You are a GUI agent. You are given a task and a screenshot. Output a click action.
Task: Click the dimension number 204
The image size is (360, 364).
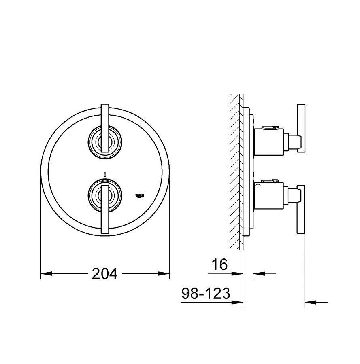click(x=104, y=274)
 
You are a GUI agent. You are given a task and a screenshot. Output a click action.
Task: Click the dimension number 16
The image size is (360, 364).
click(x=220, y=265)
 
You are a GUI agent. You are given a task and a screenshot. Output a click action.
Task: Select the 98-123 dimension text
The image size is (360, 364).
click(x=205, y=293)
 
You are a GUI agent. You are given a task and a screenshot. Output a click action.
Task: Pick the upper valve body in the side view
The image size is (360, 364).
click(x=268, y=140)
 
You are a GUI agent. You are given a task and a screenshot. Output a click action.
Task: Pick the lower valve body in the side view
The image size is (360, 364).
click(x=268, y=196)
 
